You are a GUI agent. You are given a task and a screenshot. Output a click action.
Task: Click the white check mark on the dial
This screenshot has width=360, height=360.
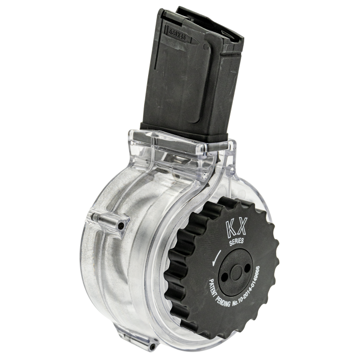(218, 255)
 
